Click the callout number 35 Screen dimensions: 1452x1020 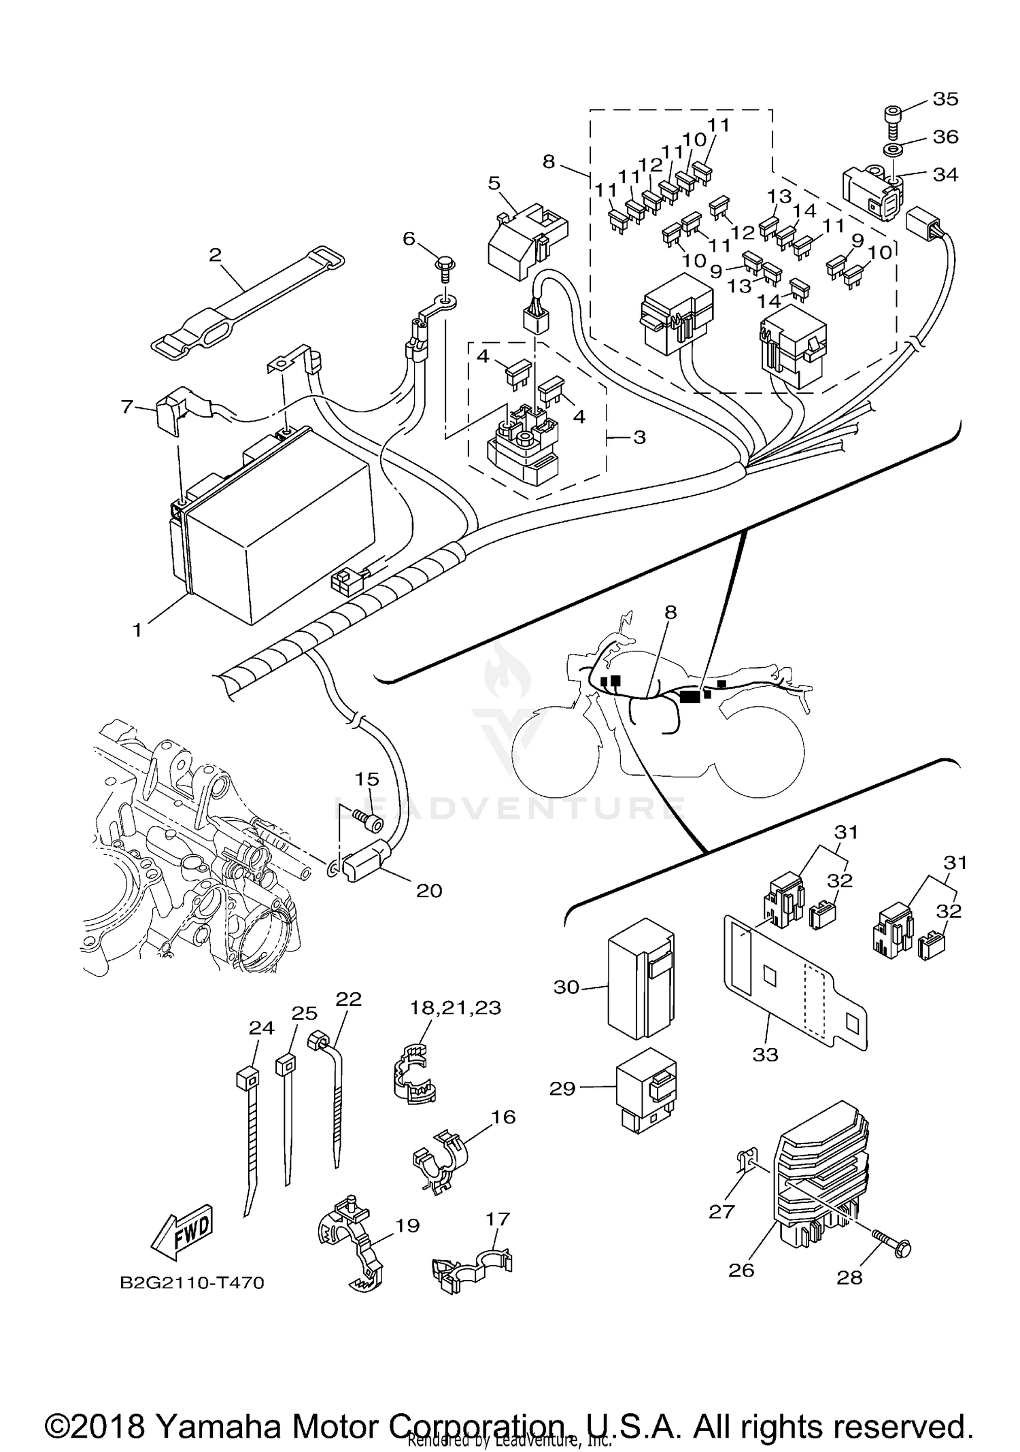945,99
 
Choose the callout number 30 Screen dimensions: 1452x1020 566,987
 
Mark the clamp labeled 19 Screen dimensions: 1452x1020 350,1240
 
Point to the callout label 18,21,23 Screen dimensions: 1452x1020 455,1007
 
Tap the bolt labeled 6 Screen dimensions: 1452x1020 445,266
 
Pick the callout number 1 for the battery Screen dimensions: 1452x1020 137,630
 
